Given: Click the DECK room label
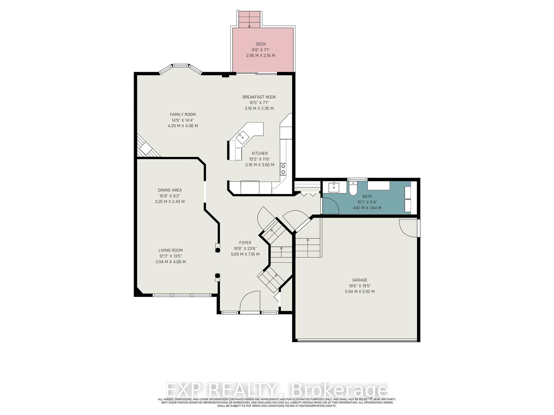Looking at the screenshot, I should (x=260, y=44).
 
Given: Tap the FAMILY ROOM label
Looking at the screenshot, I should (x=183, y=114).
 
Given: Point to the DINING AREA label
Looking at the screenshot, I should (x=170, y=190).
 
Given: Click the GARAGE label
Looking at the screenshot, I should (x=360, y=280).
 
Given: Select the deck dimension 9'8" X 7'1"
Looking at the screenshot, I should (x=260, y=50).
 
